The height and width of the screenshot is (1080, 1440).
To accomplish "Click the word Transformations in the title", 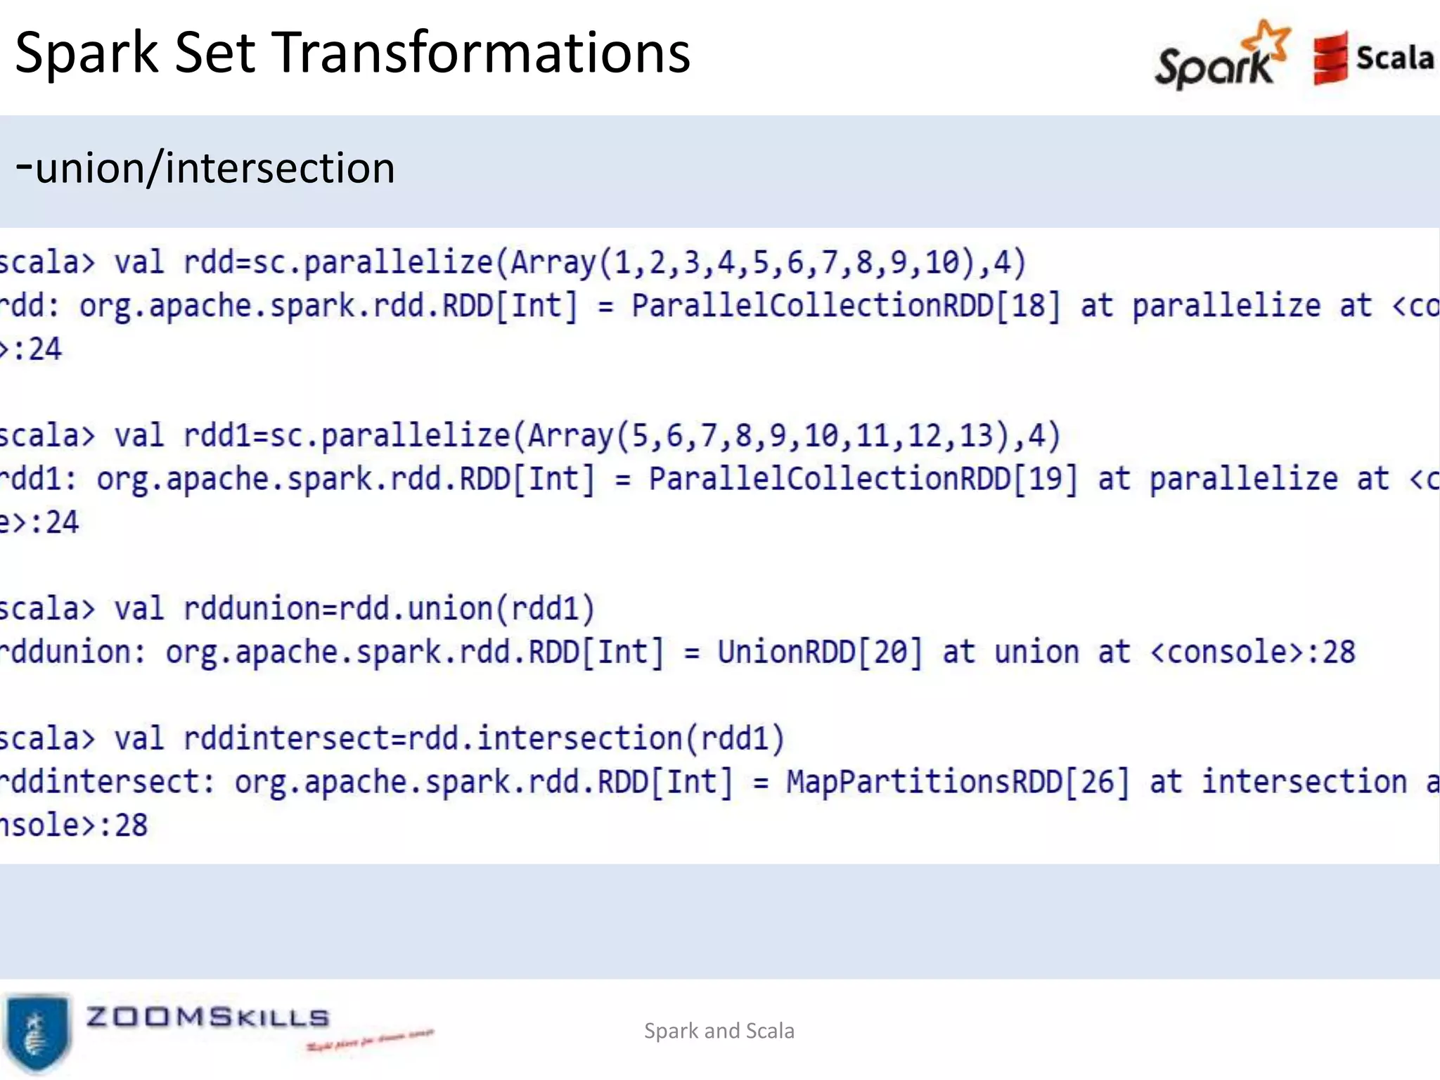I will click(481, 53).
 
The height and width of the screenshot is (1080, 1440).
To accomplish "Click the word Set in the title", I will click(214, 53).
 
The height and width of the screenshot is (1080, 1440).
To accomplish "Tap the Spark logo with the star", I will click(1222, 56).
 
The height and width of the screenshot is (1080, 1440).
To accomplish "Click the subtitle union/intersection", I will click(205, 169).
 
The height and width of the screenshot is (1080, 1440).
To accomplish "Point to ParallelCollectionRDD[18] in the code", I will click(845, 306).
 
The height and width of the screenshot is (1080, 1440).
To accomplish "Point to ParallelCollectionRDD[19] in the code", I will click(863, 480).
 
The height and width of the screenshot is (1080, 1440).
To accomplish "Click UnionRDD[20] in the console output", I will click(819, 652).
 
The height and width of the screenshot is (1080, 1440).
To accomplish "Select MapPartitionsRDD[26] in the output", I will click(957, 783).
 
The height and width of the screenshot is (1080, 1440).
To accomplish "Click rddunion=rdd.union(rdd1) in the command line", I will click(389, 609).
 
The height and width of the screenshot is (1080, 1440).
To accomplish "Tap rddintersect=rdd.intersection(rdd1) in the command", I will click(484, 739).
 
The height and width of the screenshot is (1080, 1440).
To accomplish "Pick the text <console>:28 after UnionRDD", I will click(1252, 652).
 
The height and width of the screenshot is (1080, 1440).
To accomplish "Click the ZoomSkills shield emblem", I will click(37, 1032).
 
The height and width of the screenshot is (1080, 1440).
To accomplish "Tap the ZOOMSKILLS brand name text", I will click(207, 1017).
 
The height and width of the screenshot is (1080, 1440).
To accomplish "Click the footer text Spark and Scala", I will click(719, 1031).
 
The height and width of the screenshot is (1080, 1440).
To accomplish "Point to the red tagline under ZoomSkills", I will click(370, 1040).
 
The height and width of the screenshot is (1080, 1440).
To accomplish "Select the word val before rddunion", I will click(139, 609).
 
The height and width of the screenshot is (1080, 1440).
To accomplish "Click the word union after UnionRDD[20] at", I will click(1036, 652).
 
